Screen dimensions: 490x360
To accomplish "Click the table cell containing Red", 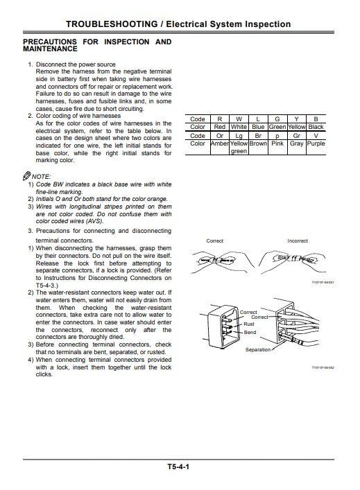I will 219,127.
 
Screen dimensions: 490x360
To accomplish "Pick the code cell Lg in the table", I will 239,136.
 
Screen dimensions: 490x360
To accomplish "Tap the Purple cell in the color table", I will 316,143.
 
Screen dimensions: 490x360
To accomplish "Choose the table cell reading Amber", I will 219,143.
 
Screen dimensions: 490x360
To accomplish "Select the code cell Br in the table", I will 258,136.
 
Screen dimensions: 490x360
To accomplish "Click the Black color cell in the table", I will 316,127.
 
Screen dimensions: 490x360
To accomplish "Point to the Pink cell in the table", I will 277,143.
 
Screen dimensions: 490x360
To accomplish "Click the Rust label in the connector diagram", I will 250,324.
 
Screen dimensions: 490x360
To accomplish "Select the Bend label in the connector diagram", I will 250,333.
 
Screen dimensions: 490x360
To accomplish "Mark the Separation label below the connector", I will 258,350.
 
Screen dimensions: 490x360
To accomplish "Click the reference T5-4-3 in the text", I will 44,285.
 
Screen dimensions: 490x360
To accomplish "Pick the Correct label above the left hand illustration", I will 215,240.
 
